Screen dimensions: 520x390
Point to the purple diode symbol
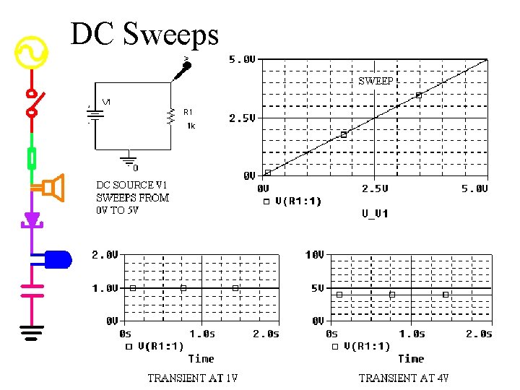(x=32, y=219)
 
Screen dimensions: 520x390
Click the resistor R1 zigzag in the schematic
(x=171, y=116)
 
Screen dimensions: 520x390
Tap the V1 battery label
(x=106, y=102)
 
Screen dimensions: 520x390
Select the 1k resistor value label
(x=191, y=126)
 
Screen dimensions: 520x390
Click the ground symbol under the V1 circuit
(x=129, y=160)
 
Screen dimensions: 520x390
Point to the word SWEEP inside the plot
(x=376, y=82)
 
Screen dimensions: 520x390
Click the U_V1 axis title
(x=375, y=213)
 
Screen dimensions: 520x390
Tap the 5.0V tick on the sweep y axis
(x=242, y=60)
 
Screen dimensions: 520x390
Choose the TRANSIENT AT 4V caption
(x=404, y=378)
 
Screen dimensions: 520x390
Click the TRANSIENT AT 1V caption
(x=193, y=378)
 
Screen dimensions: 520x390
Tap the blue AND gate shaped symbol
(x=57, y=257)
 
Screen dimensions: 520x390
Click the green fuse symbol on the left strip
(x=32, y=157)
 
